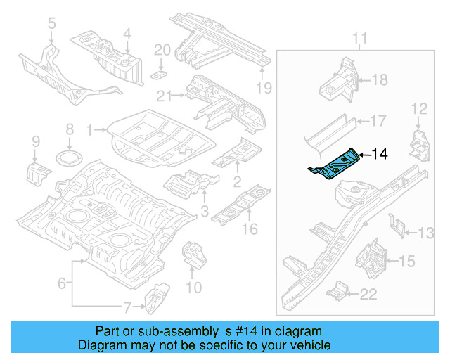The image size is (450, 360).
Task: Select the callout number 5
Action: tap(51, 25)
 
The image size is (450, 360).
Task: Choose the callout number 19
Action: tap(264, 88)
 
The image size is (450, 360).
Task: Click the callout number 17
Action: tap(378, 120)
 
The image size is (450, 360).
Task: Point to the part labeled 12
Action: tap(419, 144)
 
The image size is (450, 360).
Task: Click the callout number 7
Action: tap(127, 307)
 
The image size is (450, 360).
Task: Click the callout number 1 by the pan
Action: tap(90, 129)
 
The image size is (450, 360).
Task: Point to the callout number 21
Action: tap(164, 96)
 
